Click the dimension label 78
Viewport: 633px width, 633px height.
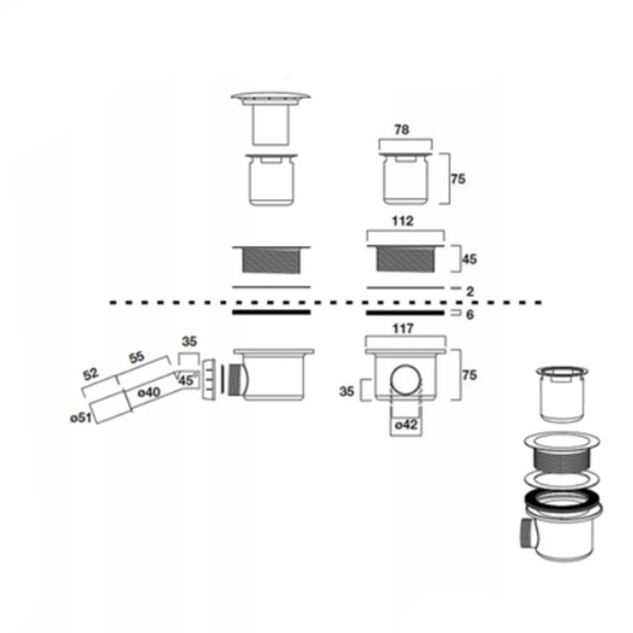pyautogui.click(x=402, y=130)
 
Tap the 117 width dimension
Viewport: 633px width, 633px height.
pyautogui.click(x=404, y=329)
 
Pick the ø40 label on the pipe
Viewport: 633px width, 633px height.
pyautogui.click(x=149, y=392)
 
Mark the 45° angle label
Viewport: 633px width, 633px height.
pyautogui.click(x=186, y=381)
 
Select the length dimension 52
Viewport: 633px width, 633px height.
pyautogui.click(x=91, y=373)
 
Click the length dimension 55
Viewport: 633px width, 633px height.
pyautogui.click(x=136, y=357)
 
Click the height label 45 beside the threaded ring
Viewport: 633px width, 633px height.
pyautogui.click(x=469, y=259)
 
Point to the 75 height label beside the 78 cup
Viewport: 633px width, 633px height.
pyautogui.click(x=458, y=179)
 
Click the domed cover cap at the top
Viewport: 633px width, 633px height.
pyautogui.click(x=270, y=97)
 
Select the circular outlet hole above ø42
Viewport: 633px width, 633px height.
pyautogui.click(x=405, y=378)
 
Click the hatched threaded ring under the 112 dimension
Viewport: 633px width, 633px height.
pyautogui.click(x=406, y=258)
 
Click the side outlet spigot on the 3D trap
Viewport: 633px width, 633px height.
pyautogui.click(x=525, y=536)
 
